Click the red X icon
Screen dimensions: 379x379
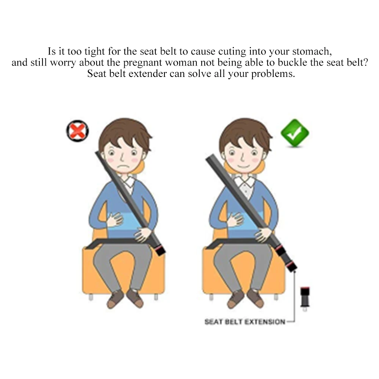click(x=78, y=131)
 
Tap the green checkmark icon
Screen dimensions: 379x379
click(x=295, y=133)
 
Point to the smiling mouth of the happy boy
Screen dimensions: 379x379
click(x=243, y=166)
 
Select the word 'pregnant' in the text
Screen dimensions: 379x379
click(x=143, y=63)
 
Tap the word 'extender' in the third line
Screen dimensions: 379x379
click(x=147, y=74)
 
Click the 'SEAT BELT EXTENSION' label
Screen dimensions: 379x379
click(x=244, y=322)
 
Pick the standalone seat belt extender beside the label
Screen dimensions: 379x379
click(x=305, y=299)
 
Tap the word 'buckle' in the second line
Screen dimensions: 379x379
click(x=293, y=63)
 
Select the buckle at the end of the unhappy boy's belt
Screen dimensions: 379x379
click(x=159, y=249)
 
